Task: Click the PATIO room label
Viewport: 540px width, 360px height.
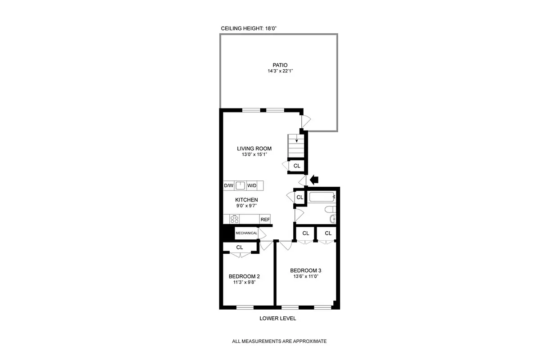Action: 280,65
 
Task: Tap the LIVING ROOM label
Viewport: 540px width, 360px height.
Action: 254,148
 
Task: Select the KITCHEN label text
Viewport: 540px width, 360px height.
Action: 246,200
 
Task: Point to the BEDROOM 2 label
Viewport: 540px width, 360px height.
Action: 244,276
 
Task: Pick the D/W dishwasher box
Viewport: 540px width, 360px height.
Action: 229,185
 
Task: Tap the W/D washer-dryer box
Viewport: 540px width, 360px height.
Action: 252,185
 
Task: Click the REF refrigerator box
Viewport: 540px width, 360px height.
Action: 265,220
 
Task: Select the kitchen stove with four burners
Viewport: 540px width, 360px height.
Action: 235,219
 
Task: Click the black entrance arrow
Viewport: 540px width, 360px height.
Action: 314,180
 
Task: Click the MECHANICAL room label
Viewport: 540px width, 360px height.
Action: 246,233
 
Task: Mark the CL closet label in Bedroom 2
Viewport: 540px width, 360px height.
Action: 240,247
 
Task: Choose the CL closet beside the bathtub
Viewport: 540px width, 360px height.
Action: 299,197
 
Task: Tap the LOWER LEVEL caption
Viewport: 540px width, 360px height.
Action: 277,319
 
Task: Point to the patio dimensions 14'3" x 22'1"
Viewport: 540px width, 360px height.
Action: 280,72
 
